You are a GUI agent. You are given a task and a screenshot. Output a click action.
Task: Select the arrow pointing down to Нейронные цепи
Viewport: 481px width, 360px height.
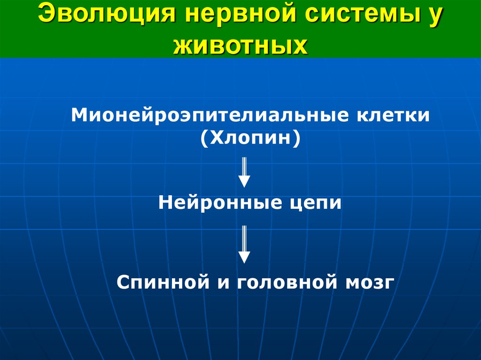(x=244, y=172)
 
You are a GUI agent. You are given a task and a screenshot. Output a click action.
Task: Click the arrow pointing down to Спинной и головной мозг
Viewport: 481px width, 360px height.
(x=244, y=244)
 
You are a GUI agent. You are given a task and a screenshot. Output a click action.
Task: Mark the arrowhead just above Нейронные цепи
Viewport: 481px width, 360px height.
(x=244, y=181)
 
